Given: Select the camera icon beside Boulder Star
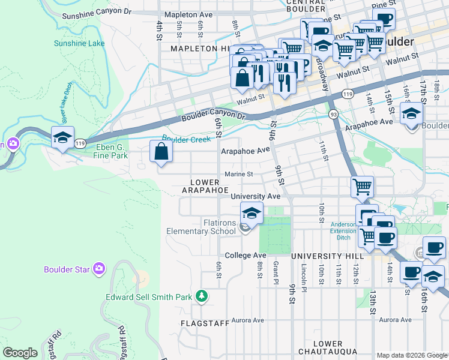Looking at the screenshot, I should click(100, 269).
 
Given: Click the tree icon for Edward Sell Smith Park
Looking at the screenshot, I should click(203, 296).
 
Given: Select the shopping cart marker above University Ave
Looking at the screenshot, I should click(363, 187).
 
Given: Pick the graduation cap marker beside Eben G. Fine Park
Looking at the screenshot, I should click(62, 137).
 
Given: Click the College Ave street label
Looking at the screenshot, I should click(246, 255).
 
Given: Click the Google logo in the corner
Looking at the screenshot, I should click(20, 353).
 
